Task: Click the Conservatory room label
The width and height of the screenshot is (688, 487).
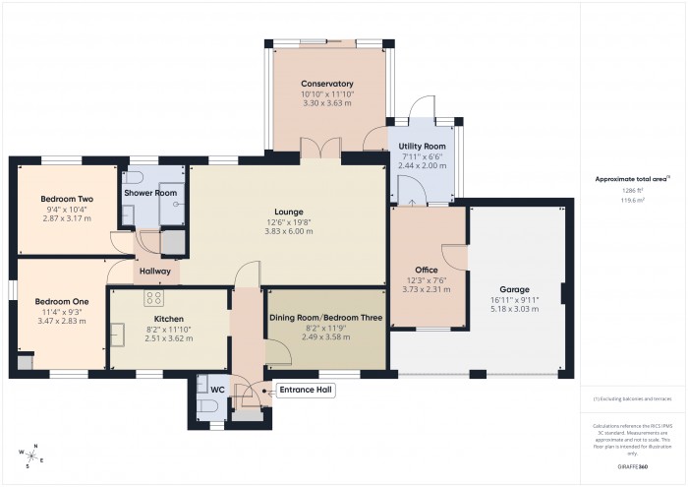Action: pos(327,84)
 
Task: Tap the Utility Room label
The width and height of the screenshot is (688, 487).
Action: pos(422,147)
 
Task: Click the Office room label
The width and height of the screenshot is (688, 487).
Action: pos(427,270)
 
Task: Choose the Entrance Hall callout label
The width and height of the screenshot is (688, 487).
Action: pos(306,391)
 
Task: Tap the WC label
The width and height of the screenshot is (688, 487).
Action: pos(218,391)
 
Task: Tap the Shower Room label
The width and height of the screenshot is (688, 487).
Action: pos(150,193)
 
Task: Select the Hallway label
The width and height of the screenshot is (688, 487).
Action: pos(155,272)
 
